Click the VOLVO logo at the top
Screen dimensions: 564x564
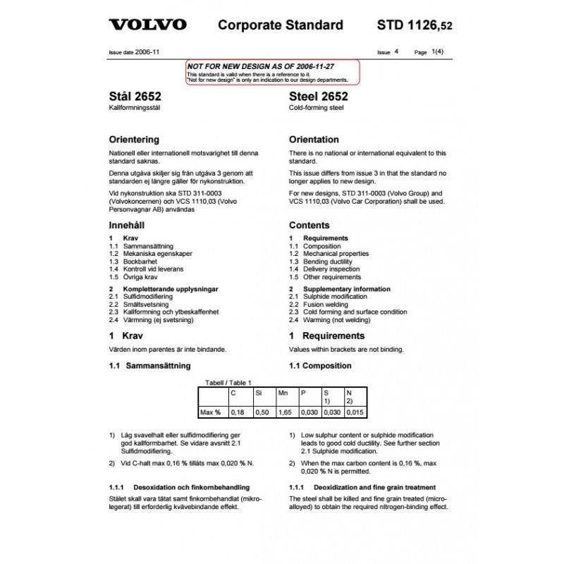pyautogui.click(x=147, y=25)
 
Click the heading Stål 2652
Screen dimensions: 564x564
pyautogui.click(x=135, y=97)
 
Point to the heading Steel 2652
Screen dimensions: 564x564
pyautogui.click(x=319, y=97)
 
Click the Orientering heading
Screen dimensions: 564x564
pyautogui.click(x=134, y=140)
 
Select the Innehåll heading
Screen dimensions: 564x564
pyautogui.click(x=127, y=226)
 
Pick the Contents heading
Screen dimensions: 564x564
pyautogui.click(x=309, y=226)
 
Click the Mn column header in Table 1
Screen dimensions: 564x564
pyautogui.click(x=283, y=392)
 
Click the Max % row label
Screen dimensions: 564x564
pyautogui.click(x=210, y=411)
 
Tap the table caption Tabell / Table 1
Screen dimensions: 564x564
pyautogui.click(x=228, y=382)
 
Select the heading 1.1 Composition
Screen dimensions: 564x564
pyautogui.click(x=320, y=366)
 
